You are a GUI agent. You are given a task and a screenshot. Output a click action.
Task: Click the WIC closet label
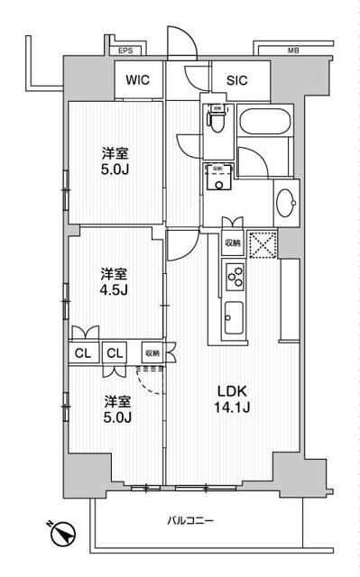[x=138, y=79]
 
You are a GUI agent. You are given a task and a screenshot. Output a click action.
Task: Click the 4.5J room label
[x=114, y=281]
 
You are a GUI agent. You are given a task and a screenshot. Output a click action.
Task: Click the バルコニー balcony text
[x=190, y=520]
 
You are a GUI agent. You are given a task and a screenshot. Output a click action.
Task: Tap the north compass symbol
[x=61, y=534]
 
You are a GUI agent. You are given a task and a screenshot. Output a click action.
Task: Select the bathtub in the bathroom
[x=263, y=121]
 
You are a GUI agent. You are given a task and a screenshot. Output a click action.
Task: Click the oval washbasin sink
[x=287, y=201]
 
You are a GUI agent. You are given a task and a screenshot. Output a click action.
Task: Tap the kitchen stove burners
[x=233, y=277]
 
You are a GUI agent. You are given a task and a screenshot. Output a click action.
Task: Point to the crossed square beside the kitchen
[x=263, y=243]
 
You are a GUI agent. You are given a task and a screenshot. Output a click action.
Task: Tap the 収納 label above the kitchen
[x=232, y=242]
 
